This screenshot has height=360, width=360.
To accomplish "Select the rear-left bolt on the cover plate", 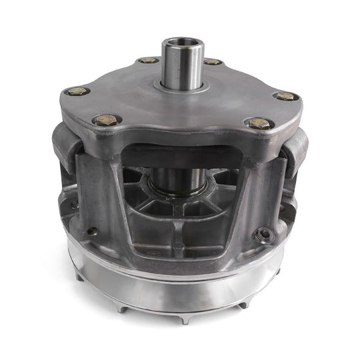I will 147,61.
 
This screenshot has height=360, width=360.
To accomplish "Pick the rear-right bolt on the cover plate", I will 213,61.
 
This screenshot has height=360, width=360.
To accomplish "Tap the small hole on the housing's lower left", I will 93,233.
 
